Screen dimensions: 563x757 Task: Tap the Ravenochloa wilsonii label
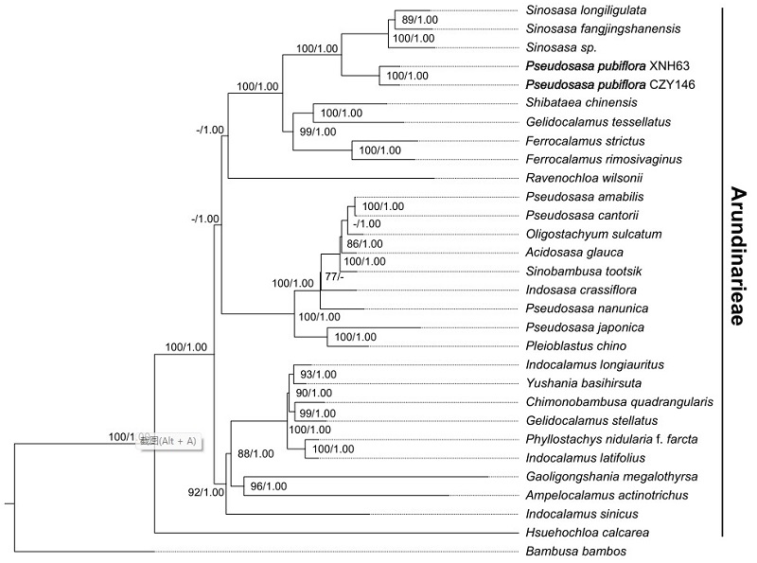click(576, 177)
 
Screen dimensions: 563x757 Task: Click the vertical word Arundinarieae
click(737, 255)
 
